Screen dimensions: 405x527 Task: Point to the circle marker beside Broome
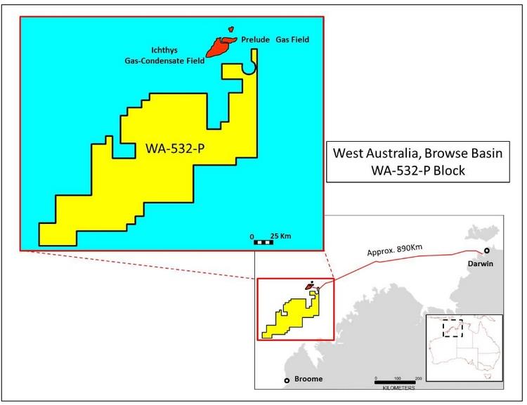tap(287, 380)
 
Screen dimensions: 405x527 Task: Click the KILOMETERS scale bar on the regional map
tap(398, 383)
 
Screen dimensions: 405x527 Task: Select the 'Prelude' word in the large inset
tap(256, 40)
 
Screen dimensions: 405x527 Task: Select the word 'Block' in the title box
tap(447, 171)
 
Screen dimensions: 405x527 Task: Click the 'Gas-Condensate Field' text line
tap(160, 61)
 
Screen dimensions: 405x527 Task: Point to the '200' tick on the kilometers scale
tap(418, 378)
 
